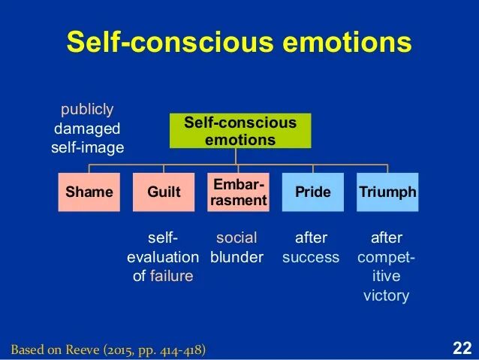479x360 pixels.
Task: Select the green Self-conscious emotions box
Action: point(240,131)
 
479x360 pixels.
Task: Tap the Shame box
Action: point(89,192)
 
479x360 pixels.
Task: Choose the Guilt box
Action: point(164,192)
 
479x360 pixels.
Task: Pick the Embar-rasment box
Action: point(238,192)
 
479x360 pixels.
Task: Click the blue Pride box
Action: point(312,192)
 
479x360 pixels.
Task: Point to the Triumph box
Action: point(387,192)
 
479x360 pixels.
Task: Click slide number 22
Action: point(462,348)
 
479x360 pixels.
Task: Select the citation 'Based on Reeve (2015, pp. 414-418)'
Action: point(108,349)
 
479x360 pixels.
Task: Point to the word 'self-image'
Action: point(87,147)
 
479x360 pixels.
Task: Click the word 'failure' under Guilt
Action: point(171,276)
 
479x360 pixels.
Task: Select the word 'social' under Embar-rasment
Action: point(236,238)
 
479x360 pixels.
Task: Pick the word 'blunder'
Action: point(236,257)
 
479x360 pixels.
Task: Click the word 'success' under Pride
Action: point(311,257)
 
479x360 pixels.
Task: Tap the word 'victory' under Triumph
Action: point(386,295)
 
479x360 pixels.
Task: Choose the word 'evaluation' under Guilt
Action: point(163,257)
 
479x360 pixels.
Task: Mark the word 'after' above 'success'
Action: point(311,238)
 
